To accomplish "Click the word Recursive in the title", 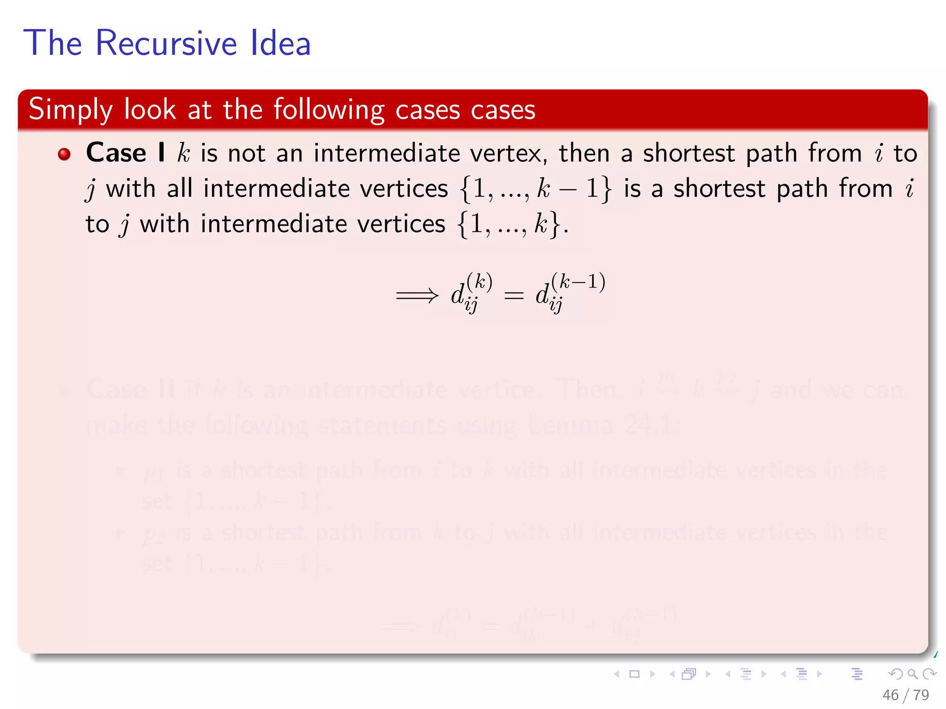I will (x=166, y=43).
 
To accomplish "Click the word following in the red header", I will (x=328, y=110).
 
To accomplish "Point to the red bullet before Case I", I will (x=64, y=154).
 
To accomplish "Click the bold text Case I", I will (x=125, y=153).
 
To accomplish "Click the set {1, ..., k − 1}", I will (x=535, y=189).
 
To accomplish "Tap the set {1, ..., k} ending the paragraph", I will (x=509, y=225).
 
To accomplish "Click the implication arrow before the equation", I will (x=417, y=295).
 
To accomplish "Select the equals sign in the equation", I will (x=514, y=295).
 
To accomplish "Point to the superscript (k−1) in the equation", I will (x=578, y=282).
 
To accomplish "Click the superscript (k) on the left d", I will (x=479, y=282).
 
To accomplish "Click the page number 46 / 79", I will (x=905, y=695).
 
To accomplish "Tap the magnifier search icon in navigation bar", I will (x=912, y=674).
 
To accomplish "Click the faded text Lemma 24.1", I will (x=600, y=425).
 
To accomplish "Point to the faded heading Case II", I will (x=130, y=390).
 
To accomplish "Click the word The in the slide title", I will (x=53, y=43).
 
